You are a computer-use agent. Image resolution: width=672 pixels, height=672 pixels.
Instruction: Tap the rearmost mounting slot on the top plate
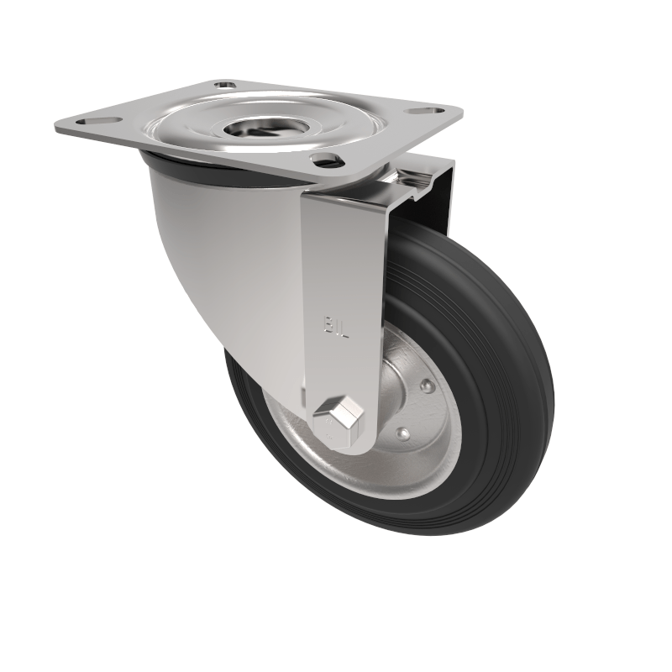point(224,85)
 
